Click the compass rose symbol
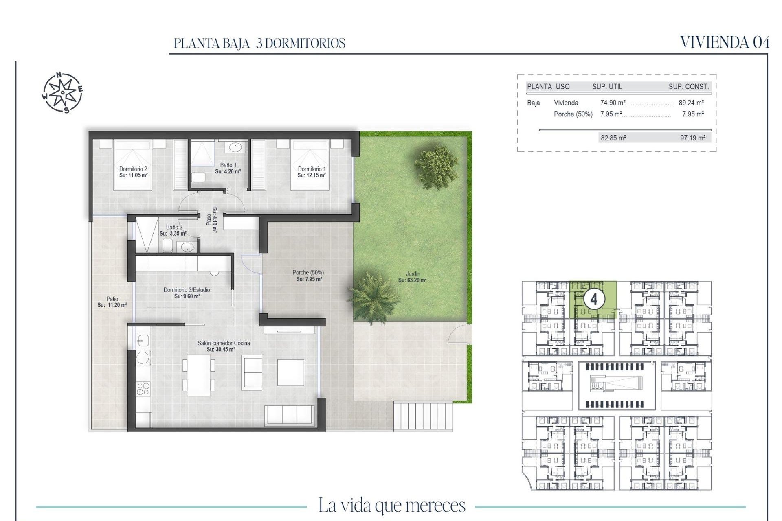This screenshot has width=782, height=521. click(62, 92)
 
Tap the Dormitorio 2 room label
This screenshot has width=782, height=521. click(133, 169)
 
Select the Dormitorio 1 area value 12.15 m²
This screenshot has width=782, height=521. click(312, 175)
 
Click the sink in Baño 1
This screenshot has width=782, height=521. click(235, 147)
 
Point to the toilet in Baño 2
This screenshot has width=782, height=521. click(167, 245)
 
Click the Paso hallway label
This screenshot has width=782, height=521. click(209, 220)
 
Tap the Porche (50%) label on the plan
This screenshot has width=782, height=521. click(308, 273)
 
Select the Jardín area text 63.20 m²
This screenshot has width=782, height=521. click(412, 280)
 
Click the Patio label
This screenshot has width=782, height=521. click(112, 299)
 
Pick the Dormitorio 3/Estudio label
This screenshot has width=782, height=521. click(187, 290)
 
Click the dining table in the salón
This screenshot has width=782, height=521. click(199, 375)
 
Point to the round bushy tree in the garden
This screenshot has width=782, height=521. click(436, 167)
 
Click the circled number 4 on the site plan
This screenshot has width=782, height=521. click(593, 300)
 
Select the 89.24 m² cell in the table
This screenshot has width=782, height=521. click(691, 103)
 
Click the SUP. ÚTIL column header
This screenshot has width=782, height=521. click(607, 86)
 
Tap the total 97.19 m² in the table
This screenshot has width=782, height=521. click(692, 138)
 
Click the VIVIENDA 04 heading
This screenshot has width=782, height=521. click(725, 42)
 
